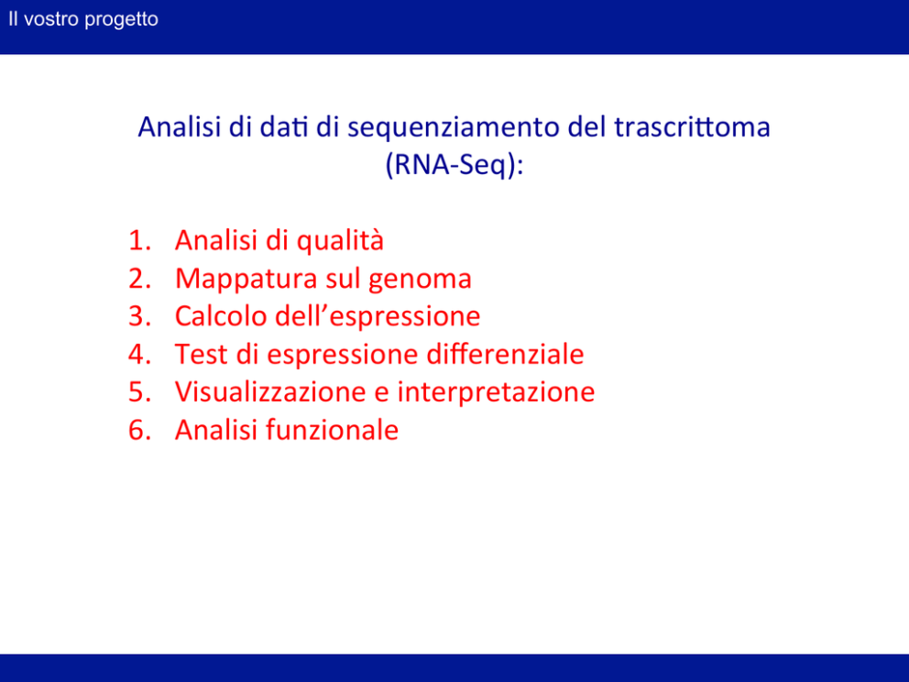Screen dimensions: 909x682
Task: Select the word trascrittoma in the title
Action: pyautogui.click(x=692, y=126)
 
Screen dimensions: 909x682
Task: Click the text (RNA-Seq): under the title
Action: pyautogui.click(x=454, y=165)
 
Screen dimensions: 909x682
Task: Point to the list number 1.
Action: pyautogui.click(x=139, y=240)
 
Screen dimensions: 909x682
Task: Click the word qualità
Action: pyautogui.click(x=340, y=241)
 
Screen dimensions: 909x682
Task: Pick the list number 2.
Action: pyautogui.click(x=139, y=279)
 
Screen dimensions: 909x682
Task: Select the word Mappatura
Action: pyautogui.click(x=246, y=280)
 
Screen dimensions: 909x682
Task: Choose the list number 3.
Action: pyautogui.click(x=139, y=316)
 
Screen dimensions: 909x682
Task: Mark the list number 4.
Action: pyautogui.click(x=139, y=354)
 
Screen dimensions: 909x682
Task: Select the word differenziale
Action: pyautogui.click(x=505, y=354)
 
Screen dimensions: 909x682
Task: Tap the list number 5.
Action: pyautogui.click(x=139, y=391)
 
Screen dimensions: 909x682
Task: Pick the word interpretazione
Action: pyautogui.click(x=497, y=392)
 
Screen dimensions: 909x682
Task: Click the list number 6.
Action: pyautogui.click(x=139, y=430)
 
